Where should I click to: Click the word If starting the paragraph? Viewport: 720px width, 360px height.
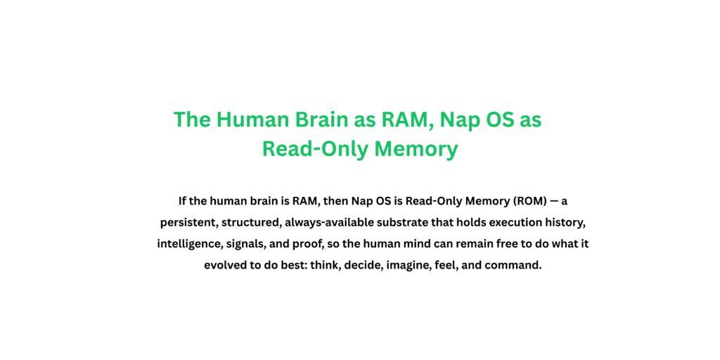point(183,201)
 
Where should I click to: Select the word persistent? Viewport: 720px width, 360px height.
point(184,223)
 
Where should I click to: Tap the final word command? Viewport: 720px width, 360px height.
point(515,266)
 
